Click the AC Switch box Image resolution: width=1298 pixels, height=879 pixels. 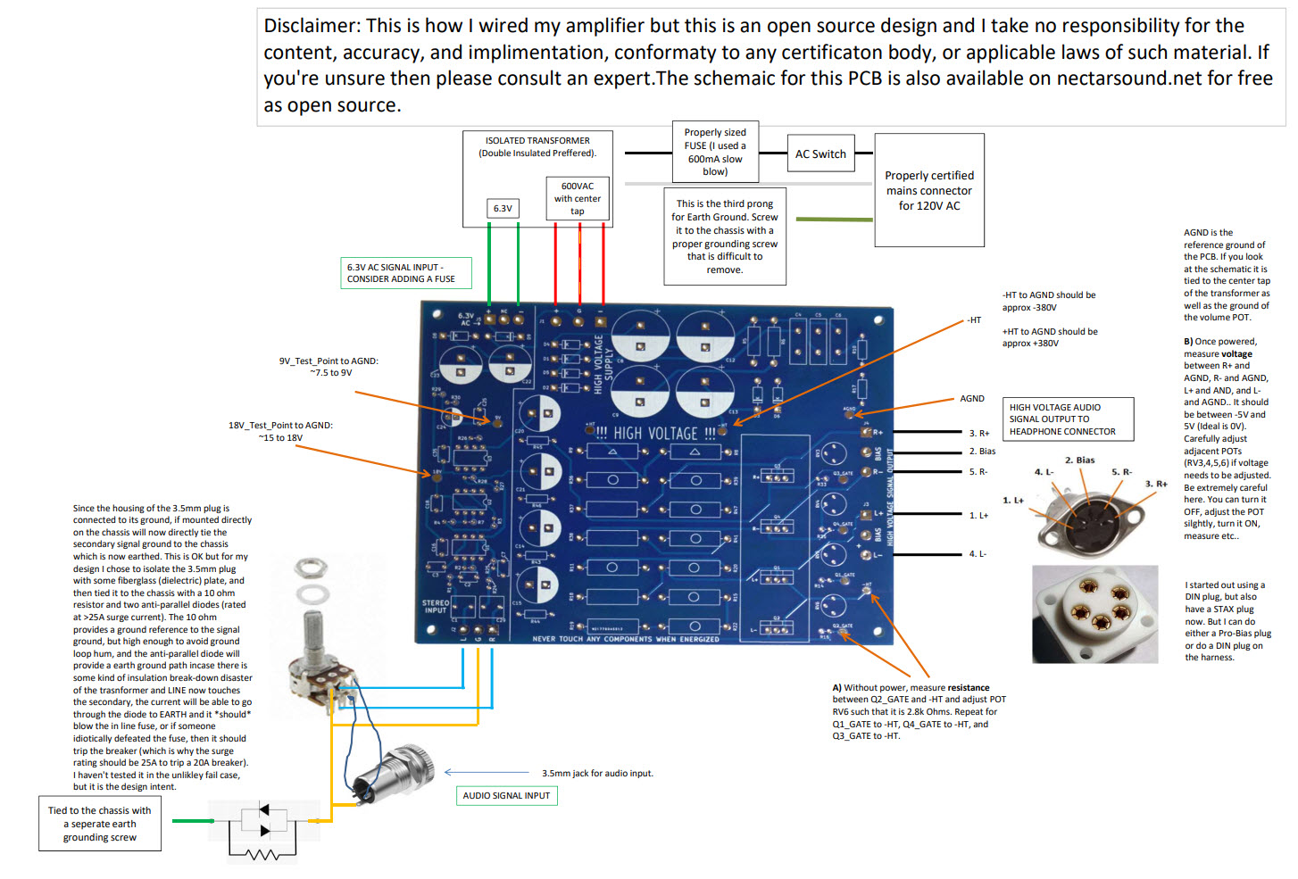(x=820, y=153)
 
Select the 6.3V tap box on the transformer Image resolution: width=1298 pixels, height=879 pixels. (x=503, y=208)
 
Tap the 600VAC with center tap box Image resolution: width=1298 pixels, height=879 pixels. (x=578, y=198)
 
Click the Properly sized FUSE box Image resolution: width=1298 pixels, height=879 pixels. (x=715, y=152)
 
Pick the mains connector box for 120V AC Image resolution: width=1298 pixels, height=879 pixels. (x=929, y=190)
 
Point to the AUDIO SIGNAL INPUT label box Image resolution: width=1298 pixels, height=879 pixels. (x=506, y=795)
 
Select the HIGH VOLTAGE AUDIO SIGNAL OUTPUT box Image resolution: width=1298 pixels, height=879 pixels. (x=1068, y=419)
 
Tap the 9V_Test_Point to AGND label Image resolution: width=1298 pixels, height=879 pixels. (x=329, y=367)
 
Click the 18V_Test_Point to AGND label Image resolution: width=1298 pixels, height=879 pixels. (x=280, y=431)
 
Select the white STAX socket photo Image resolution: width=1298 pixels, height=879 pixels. (x=1094, y=613)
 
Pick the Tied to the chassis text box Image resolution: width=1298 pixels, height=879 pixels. (x=100, y=824)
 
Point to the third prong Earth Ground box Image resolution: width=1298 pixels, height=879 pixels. (x=725, y=236)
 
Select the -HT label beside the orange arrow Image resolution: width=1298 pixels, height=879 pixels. (x=974, y=319)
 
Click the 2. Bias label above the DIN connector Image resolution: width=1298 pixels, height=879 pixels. (x=1079, y=460)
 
